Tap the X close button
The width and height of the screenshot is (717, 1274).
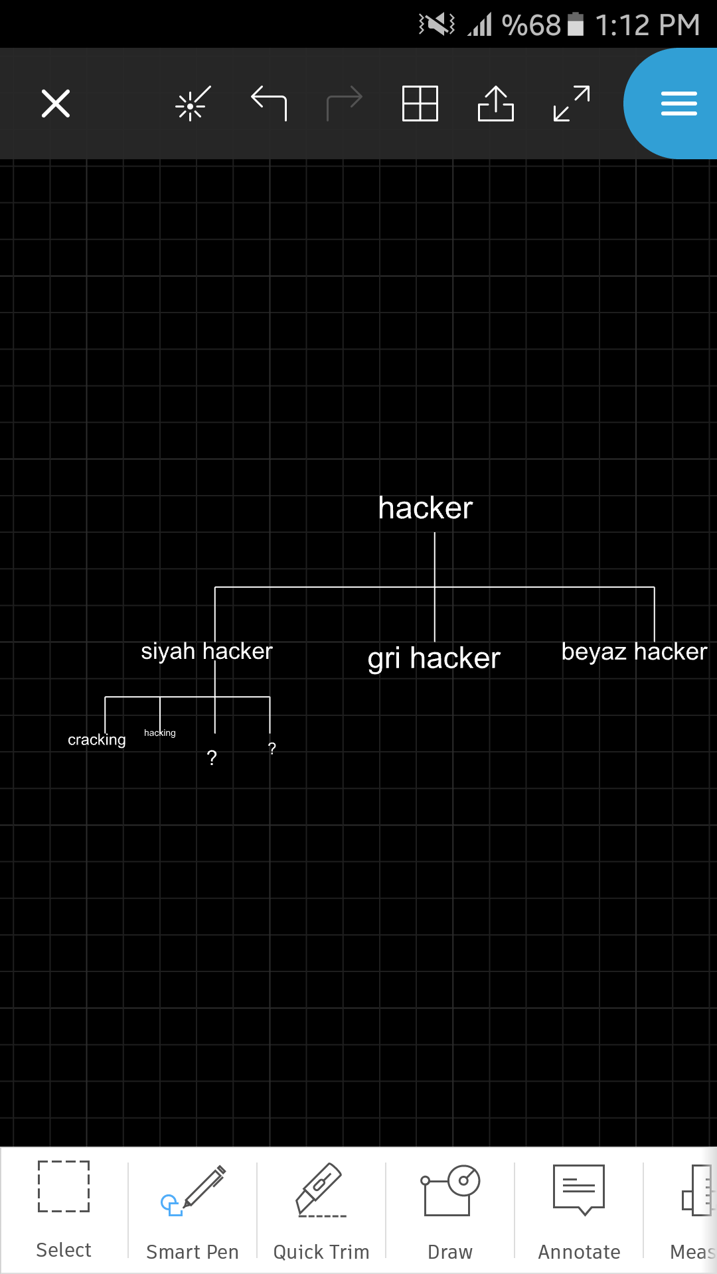(x=56, y=104)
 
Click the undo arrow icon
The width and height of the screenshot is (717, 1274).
(x=269, y=104)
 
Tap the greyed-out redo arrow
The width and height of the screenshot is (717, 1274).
(x=345, y=104)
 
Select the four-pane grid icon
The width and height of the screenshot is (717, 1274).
(x=420, y=104)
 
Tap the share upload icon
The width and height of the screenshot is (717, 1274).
(x=496, y=104)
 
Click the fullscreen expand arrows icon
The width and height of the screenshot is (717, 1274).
(x=572, y=104)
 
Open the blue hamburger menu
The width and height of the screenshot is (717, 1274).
(x=678, y=104)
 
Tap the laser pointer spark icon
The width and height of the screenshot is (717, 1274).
(x=193, y=104)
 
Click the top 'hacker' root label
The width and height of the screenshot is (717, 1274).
(x=426, y=508)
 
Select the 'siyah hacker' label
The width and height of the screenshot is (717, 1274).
(x=206, y=652)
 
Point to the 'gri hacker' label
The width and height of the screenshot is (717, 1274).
(x=434, y=659)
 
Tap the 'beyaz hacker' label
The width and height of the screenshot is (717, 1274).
(x=635, y=652)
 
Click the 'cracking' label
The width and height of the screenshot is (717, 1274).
(x=97, y=740)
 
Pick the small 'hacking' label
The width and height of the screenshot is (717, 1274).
(x=160, y=733)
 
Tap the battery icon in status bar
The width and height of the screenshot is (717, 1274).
(x=576, y=24)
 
